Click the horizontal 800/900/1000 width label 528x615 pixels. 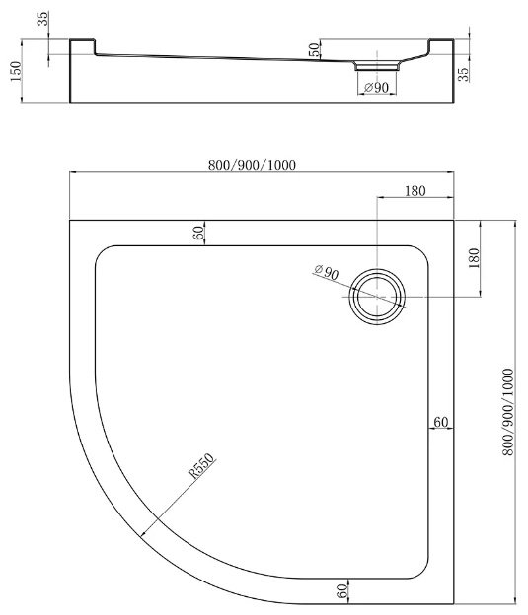click(253, 164)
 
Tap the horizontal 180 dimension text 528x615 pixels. click(415, 190)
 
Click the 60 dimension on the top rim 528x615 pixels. click(198, 233)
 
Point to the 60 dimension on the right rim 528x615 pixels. click(440, 422)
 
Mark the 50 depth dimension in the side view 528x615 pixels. click(314, 49)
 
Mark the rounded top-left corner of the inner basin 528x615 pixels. click(103, 253)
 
